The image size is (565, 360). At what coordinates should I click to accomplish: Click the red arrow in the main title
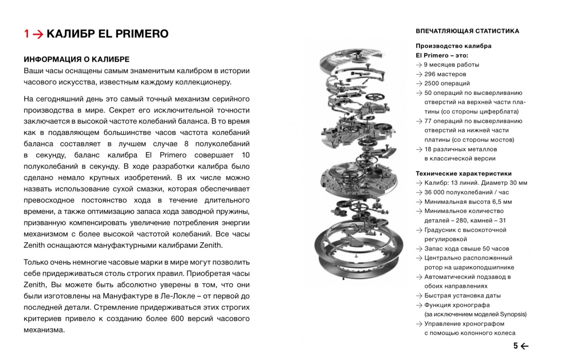[38, 34]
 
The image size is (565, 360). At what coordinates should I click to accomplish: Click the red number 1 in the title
[27, 34]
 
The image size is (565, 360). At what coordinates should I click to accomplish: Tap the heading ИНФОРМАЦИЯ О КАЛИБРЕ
[76, 59]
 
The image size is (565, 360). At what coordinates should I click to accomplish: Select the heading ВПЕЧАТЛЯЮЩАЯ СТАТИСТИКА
[467, 31]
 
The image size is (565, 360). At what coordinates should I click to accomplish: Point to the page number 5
[515, 346]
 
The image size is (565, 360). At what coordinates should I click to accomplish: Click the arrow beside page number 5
[524, 346]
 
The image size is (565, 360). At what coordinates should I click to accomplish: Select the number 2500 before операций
[431, 83]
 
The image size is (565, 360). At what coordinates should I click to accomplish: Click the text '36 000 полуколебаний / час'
[467, 192]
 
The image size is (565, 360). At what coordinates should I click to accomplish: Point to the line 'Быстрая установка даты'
[463, 296]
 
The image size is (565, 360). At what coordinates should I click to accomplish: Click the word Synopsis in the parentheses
[512, 315]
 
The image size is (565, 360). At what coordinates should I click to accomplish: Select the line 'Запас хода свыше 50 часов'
[467, 248]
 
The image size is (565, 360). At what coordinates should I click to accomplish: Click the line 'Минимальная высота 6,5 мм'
[468, 201]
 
